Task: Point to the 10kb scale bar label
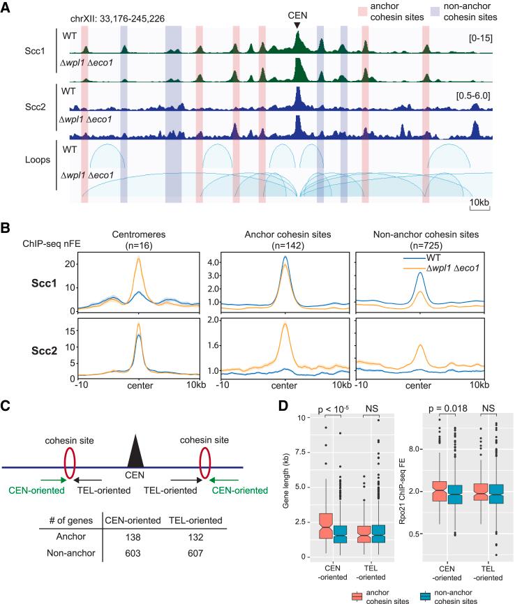coord(479,203)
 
